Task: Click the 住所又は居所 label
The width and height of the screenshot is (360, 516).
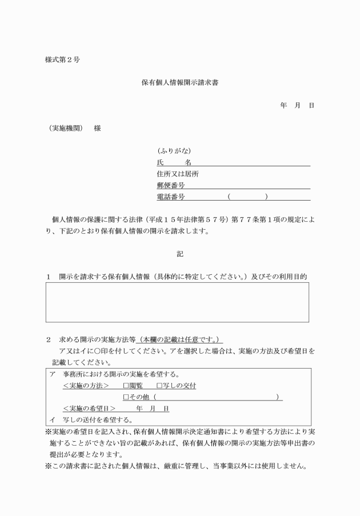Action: click(178, 174)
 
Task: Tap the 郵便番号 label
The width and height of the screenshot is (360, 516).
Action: click(174, 186)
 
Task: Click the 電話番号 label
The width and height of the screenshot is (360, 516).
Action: click(174, 197)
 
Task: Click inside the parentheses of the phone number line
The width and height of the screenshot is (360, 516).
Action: click(247, 197)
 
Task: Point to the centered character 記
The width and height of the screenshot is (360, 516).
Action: click(179, 253)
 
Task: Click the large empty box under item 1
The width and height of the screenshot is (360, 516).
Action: click(177, 302)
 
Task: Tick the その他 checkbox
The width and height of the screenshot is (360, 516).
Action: click(126, 398)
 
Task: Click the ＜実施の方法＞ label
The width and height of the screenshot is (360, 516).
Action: click(86, 386)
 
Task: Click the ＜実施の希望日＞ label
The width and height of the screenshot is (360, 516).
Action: click(89, 409)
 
